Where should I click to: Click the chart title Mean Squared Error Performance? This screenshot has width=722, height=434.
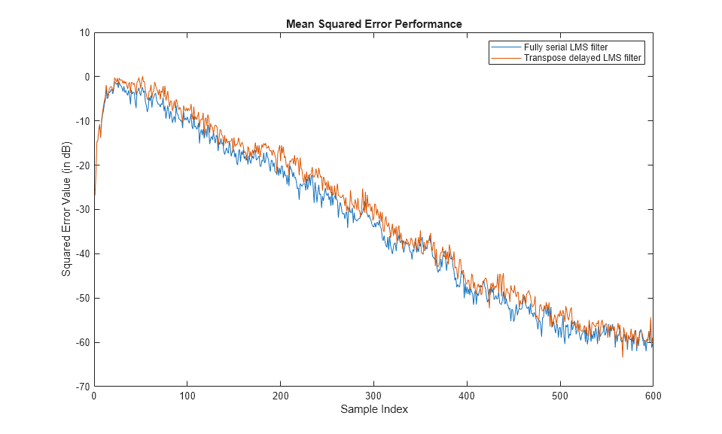tap(373, 24)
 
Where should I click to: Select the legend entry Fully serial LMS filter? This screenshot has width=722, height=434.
tap(565, 47)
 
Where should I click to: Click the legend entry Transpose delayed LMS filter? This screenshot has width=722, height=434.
tap(583, 58)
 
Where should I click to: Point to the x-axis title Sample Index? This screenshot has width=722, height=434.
tap(373, 410)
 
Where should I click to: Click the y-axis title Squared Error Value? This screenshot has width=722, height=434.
tap(66, 209)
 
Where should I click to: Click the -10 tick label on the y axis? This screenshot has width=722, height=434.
tap(81, 121)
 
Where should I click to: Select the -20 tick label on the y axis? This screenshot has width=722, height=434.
tap(81, 165)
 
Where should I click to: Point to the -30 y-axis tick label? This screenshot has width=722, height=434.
tap(81, 209)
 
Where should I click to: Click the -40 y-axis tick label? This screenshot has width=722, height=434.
tap(81, 253)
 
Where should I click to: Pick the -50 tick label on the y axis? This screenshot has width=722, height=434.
tap(81, 298)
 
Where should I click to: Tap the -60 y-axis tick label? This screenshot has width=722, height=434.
tap(81, 342)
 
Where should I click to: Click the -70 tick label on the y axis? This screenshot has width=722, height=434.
tap(81, 387)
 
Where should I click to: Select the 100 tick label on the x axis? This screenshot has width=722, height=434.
tap(187, 396)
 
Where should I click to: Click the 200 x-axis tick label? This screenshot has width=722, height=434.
tap(280, 396)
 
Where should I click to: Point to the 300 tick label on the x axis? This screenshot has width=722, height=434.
tap(373, 396)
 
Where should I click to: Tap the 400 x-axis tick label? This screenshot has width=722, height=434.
tap(466, 396)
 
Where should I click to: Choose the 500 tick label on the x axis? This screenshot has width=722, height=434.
tap(559, 396)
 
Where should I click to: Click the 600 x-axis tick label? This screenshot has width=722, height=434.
tap(652, 396)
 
